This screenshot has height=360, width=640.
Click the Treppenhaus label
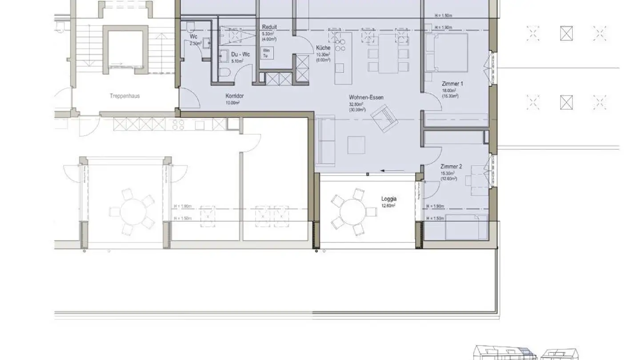124,96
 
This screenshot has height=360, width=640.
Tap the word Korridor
234,96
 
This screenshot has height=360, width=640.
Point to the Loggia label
388,199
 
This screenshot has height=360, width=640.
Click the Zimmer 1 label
452,84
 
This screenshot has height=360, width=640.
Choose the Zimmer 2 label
451,167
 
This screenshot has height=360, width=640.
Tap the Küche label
323,48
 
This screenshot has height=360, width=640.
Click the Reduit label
269,27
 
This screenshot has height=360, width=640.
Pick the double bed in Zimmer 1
447,52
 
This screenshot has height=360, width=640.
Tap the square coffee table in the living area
356,145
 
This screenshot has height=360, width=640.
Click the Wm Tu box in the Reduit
268,52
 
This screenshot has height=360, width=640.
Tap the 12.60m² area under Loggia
388,206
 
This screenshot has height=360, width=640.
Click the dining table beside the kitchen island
388,54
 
